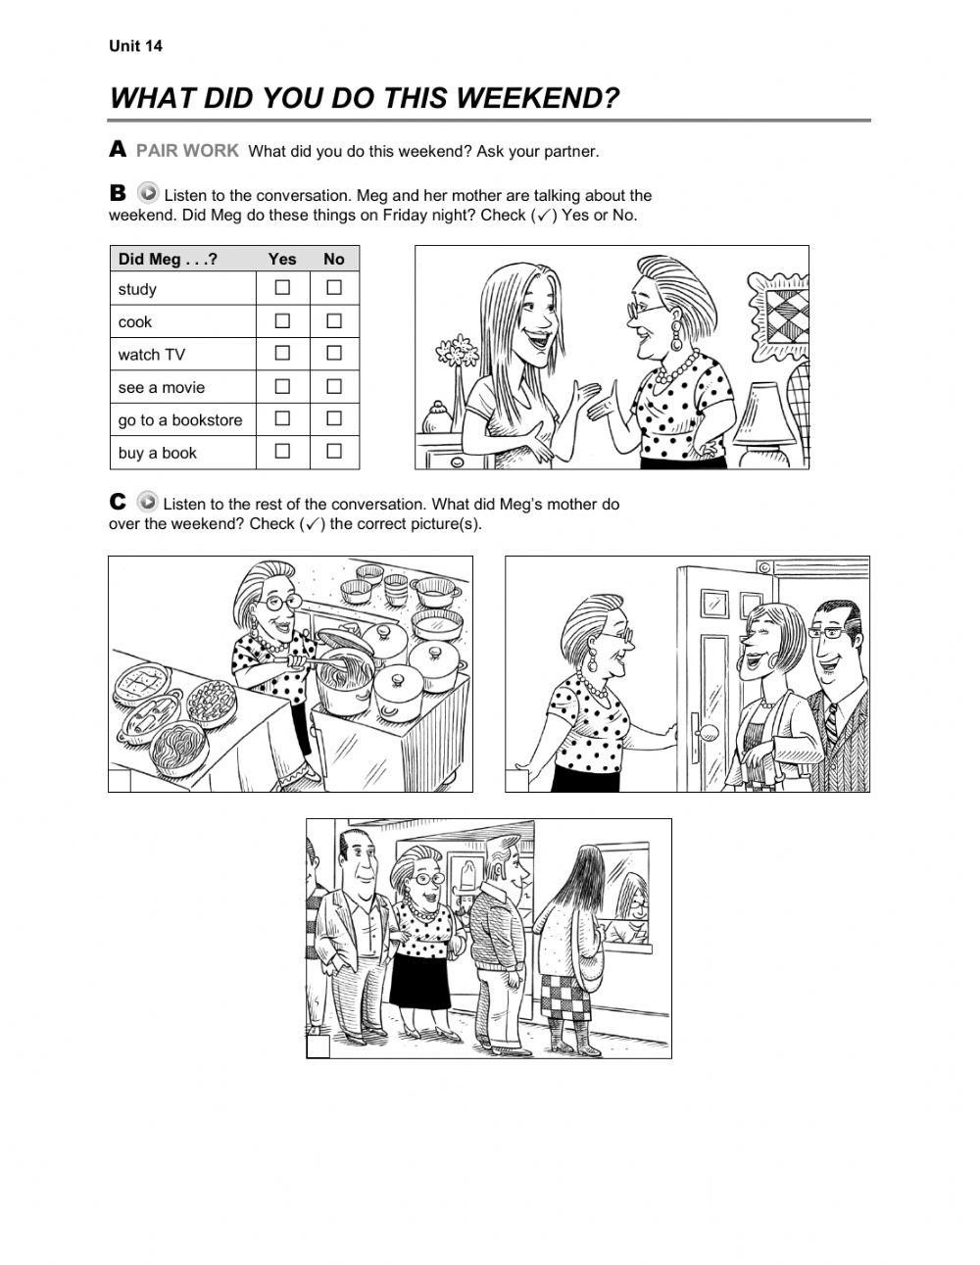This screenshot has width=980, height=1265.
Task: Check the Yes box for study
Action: click(282, 287)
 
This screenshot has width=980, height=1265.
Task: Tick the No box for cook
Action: click(334, 320)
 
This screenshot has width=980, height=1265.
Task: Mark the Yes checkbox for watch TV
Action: click(282, 353)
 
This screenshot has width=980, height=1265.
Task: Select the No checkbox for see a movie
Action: click(334, 386)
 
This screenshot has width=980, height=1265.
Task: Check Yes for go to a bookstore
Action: click(282, 418)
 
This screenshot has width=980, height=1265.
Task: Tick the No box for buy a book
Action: click(334, 451)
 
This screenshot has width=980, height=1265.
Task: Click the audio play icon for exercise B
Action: click(148, 192)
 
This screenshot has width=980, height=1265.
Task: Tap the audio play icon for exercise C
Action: click(148, 501)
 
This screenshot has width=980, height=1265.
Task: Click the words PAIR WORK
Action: click(187, 151)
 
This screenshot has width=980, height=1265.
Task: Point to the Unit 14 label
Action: click(135, 46)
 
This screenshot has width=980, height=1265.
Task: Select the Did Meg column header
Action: click(168, 259)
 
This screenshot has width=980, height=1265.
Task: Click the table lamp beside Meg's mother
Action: click(763, 424)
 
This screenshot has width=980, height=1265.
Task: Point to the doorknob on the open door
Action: click(709, 731)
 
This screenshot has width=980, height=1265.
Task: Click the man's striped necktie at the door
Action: click(831, 722)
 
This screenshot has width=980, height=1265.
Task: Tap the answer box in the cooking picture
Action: click(120, 780)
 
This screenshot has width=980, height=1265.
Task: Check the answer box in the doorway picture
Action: click(516, 780)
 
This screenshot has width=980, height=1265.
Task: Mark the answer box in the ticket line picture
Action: click(318, 1046)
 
